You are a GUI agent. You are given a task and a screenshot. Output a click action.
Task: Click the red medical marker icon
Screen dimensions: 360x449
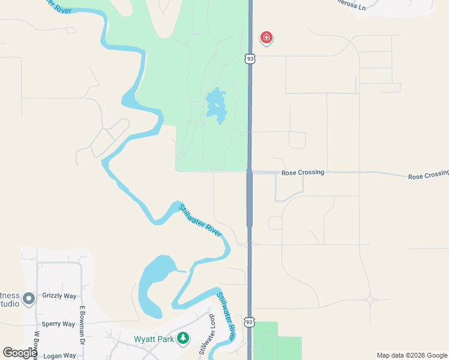pos(267,38)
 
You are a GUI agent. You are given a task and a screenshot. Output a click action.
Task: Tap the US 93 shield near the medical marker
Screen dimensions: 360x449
pos(250,58)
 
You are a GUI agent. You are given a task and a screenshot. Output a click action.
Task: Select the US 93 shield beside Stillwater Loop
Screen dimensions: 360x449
pos(249,322)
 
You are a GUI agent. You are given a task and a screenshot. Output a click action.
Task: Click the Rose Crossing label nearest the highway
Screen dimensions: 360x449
pos(303,172)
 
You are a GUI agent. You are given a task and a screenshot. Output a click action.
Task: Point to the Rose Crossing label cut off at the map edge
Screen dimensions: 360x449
pos(429,176)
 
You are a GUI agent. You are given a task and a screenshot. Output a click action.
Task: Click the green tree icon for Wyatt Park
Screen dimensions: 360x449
pos(182,338)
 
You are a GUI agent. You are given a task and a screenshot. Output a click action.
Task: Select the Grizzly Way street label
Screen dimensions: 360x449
pos(59,296)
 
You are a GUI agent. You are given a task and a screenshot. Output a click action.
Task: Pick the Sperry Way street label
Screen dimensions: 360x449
pos(59,324)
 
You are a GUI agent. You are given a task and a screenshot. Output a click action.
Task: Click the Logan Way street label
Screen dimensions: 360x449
pos(59,355)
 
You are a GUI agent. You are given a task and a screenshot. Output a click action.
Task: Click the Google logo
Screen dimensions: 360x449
pos(20,352)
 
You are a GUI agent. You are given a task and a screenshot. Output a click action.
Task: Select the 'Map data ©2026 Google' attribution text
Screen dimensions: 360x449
pos(411,355)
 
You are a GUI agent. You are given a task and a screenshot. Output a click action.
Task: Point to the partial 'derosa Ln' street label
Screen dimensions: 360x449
pos(351,6)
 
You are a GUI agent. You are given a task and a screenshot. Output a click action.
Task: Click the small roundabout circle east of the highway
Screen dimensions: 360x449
pos(370,299)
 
